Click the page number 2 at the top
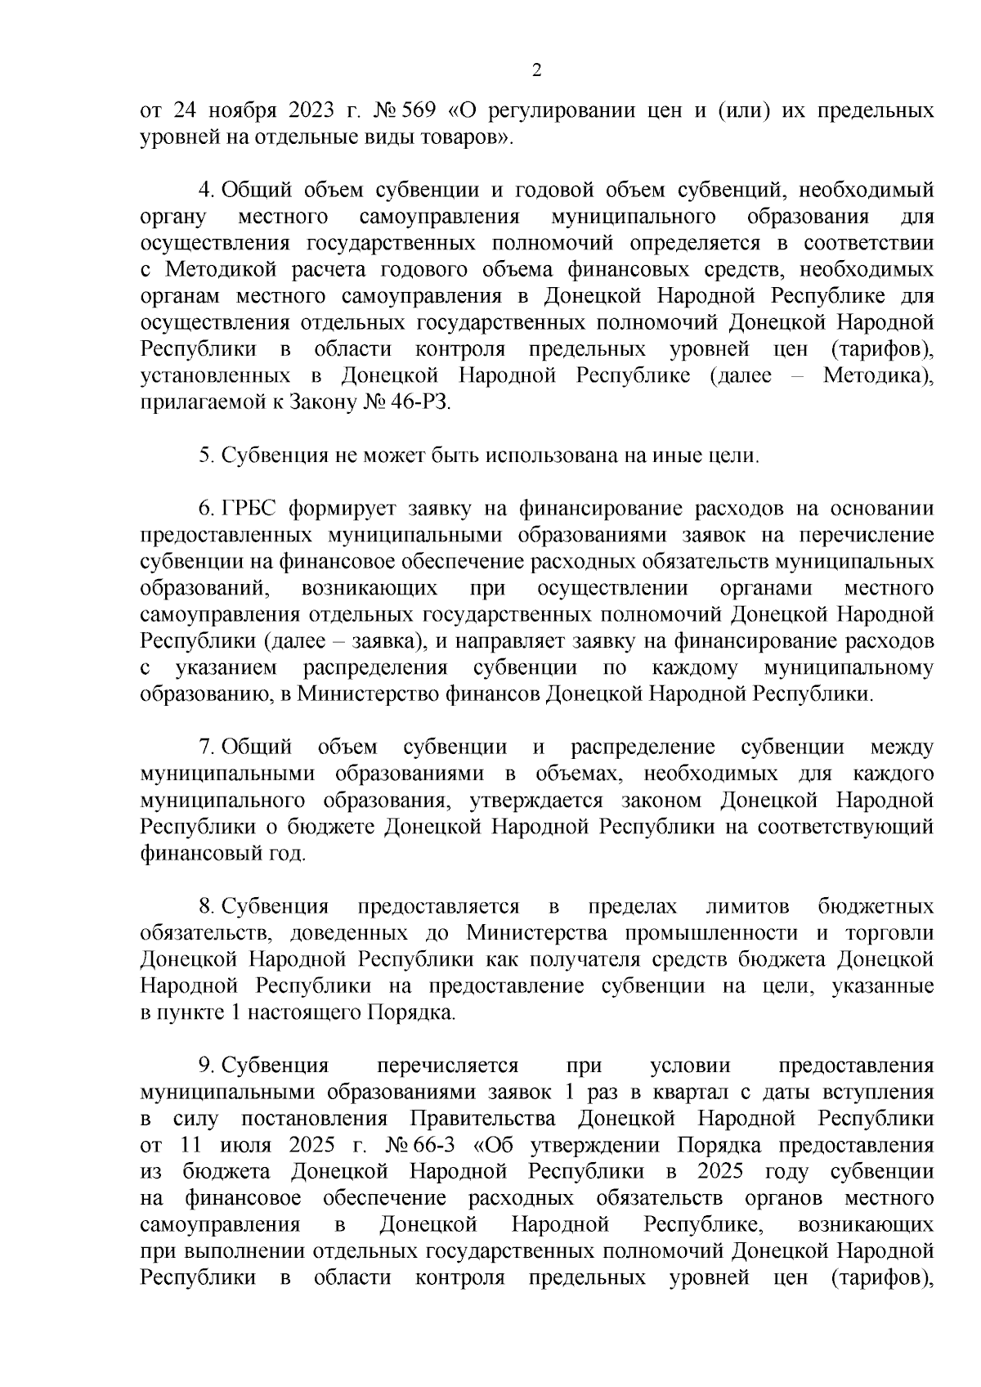click(536, 71)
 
